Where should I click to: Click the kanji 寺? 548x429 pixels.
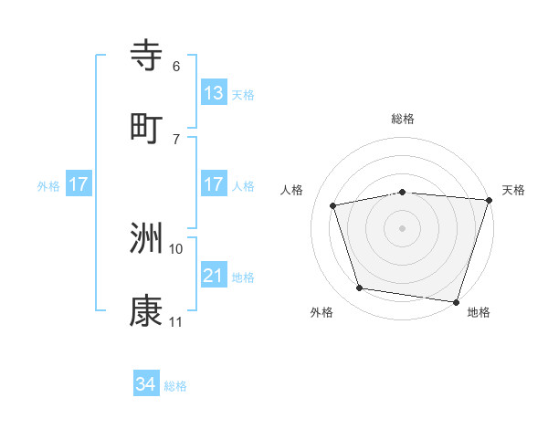click(x=147, y=56)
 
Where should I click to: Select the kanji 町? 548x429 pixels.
click(x=147, y=128)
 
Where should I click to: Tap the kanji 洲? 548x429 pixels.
click(x=147, y=238)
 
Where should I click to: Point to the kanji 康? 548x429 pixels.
click(x=147, y=311)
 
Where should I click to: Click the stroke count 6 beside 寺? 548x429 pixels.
click(x=176, y=66)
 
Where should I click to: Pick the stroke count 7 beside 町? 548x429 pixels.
click(x=176, y=139)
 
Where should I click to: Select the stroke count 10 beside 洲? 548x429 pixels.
click(x=176, y=248)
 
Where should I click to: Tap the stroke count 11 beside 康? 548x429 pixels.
click(x=176, y=321)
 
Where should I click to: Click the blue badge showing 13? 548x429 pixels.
click(x=213, y=92)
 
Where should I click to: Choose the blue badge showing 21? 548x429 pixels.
click(x=213, y=275)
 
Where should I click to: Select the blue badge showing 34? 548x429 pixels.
click(x=146, y=384)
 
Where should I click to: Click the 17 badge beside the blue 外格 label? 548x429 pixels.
click(x=79, y=184)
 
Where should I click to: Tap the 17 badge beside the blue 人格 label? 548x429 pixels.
click(x=213, y=184)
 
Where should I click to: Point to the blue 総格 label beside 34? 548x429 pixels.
click(x=175, y=386)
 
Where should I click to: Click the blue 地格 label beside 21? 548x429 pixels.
click(x=243, y=277)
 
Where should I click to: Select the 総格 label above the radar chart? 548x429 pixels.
click(x=402, y=119)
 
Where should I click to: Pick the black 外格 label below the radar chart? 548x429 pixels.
click(x=321, y=312)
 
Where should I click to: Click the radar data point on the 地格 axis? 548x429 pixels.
click(x=456, y=301)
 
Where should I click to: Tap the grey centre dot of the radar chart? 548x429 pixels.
click(x=402, y=228)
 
